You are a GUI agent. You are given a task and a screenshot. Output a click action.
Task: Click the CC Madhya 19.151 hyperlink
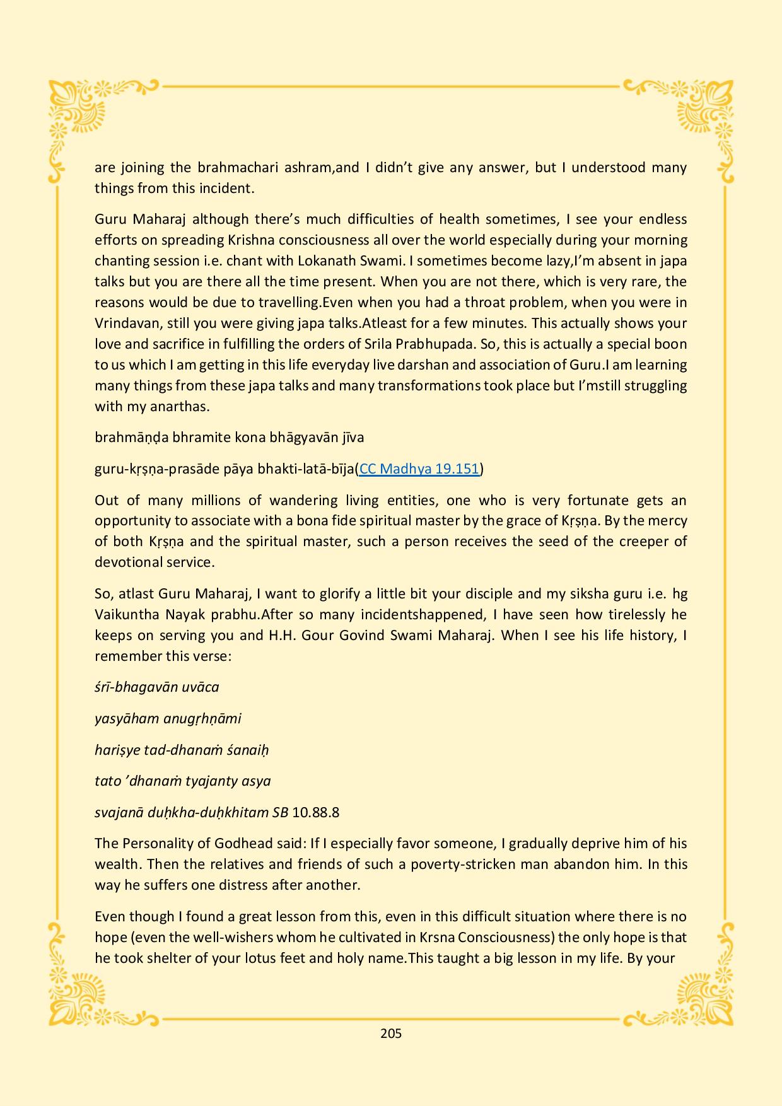[x=419, y=469]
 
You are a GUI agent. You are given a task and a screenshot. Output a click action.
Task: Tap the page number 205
[x=391, y=1033]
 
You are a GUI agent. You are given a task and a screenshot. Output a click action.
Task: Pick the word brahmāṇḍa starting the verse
[x=129, y=438]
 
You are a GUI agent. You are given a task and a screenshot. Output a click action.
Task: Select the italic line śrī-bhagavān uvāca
[x=157, y=687]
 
